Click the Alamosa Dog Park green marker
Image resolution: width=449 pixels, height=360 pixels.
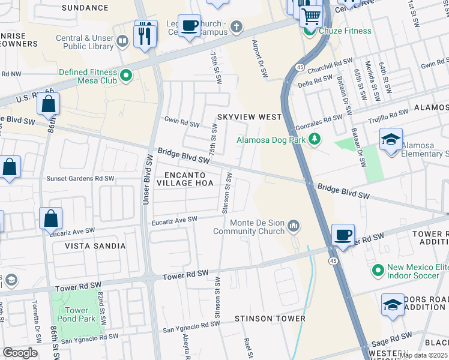click(x=314, y=140)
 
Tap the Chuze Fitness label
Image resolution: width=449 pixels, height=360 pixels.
click(x=345, y=31)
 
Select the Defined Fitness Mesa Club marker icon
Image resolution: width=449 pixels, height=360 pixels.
click(x=126, y=76)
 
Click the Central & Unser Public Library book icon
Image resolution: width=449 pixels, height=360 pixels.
click(x=122, y=41)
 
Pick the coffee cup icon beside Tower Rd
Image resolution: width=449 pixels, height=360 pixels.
click(x=343, y=235)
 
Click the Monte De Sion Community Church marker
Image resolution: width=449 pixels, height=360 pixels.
click(x=294, y=226)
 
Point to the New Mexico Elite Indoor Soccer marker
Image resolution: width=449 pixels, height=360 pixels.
click(x=378, y=271)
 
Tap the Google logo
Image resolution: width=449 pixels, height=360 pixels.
click(x=20, y=353)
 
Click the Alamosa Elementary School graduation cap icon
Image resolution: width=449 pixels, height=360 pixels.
click(x=391, y=139)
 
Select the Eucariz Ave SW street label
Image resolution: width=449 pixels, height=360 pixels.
click(x=174, y=220)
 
